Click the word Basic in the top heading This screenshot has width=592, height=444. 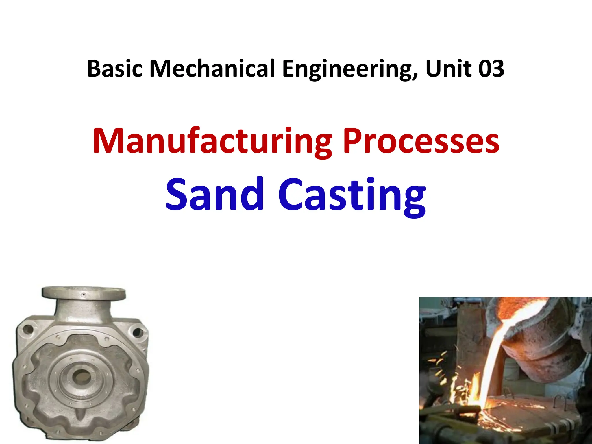(115, 69)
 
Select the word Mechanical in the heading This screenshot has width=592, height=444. (212, 69)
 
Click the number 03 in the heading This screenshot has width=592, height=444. (491, 69)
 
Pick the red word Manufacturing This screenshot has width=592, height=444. (212, 141)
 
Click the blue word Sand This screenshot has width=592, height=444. (214, 194)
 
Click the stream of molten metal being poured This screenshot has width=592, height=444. (491, 361)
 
